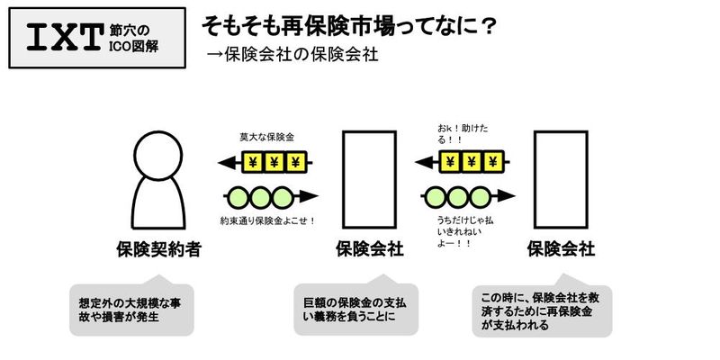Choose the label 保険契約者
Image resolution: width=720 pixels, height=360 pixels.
[x=158, y=248]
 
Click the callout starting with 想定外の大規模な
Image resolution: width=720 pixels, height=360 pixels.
[x=130, y=308]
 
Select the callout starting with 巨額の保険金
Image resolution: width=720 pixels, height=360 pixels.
[x=357, y=308]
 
